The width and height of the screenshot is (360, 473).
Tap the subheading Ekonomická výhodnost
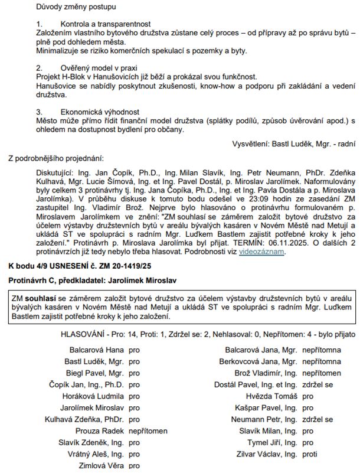pyautogui.click(x=99, y=111)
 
